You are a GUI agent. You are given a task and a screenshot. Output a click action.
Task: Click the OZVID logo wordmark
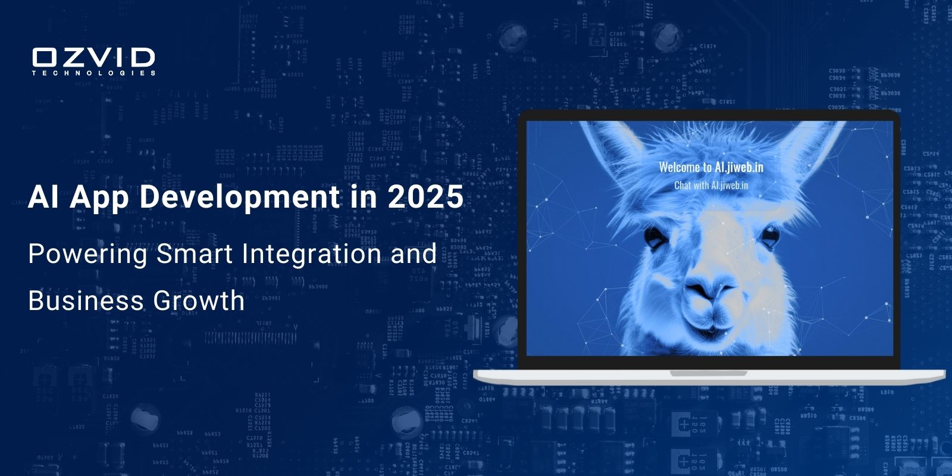pos(93,58)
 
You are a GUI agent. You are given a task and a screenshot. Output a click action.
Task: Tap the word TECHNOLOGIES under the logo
pos(93,73)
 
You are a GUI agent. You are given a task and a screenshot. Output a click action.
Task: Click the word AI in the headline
pos(43,197)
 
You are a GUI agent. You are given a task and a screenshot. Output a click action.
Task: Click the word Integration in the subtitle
pos(311,255)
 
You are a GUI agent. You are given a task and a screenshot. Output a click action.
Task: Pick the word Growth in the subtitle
pos(199,300)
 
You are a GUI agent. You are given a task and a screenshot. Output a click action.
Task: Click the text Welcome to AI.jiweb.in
pos(711,167)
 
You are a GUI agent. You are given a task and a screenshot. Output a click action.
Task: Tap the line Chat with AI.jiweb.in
pos(711,185)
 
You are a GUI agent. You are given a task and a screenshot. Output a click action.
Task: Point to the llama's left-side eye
pos(655,237)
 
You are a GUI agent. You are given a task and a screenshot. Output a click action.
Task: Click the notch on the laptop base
pos(708,373)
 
